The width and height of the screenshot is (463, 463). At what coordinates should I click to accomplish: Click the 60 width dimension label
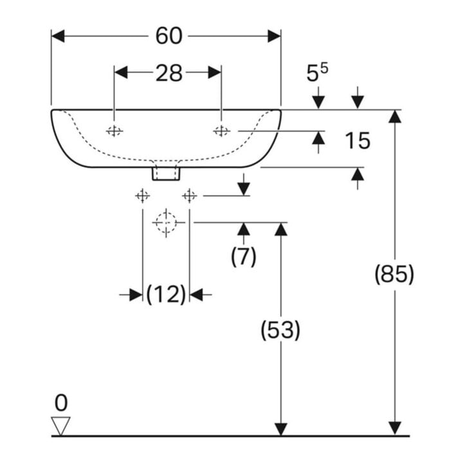click(169, 36)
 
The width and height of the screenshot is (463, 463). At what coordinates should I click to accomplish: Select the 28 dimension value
click(169, 73)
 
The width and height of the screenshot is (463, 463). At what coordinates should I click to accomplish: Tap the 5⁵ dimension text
click(317, 73)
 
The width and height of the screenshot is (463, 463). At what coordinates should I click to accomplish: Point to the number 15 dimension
click(358, 141)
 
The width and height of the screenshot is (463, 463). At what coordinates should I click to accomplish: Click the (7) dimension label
click(244, 257)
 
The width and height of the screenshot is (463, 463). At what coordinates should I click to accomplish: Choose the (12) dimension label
click(167, 295)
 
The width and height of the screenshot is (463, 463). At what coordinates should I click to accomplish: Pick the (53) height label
click(280, 330)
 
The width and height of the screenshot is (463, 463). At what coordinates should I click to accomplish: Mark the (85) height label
click(394, 274)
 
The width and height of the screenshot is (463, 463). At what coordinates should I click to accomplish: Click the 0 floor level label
click(61, 403)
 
